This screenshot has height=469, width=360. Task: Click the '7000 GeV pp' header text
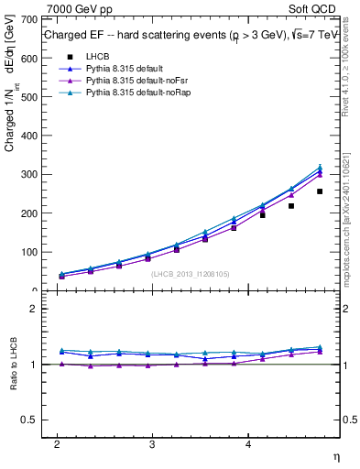(80, 8)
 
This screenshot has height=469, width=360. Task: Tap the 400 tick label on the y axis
(27, 136)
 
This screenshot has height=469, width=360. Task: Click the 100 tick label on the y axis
(27, 252)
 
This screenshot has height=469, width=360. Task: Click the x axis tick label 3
(152, 443)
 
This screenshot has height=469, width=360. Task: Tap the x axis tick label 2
(57, 443)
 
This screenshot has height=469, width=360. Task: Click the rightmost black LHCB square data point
(320, 191)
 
